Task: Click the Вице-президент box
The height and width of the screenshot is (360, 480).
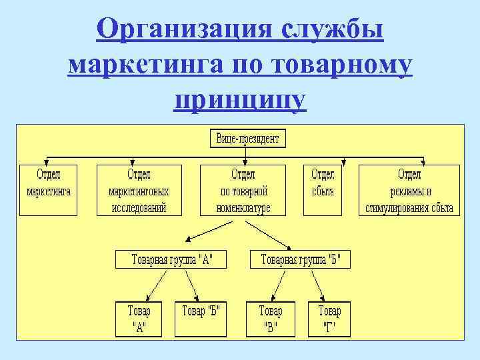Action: [x=247, y=139]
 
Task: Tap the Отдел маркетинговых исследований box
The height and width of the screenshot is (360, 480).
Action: [x=139, y=189]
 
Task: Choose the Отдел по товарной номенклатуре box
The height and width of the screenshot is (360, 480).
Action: [x=243, y=189]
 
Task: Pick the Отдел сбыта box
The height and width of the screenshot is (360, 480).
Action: [x=323, y=189]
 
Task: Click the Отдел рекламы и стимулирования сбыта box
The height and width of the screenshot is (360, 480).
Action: [x=409, y=189]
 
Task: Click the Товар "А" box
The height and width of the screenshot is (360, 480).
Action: [x=139, y=319]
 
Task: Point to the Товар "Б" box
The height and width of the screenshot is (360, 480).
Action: [x=201, y=319]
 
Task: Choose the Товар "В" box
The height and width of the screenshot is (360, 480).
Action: [x=271, y=319]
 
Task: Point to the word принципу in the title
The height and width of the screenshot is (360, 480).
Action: [x=240, y=101]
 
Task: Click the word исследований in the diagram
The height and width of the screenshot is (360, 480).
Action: [x=139, y=207]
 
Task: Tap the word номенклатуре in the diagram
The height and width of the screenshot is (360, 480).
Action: [x=243, y=207]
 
